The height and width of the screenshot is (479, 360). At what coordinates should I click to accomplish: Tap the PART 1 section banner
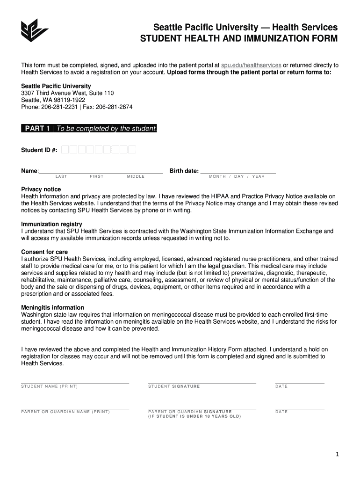click(x=89, y=129)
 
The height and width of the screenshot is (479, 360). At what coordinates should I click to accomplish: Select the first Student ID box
click(x=65, y=150)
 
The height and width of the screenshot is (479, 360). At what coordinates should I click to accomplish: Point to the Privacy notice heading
click(x=41, y=189)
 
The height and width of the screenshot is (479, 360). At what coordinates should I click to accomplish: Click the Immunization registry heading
click(x=51, y=224)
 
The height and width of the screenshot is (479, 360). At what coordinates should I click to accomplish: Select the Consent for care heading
click(x=44, y=252)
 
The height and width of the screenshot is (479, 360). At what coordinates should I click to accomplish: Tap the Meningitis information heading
click(x=53, y=307)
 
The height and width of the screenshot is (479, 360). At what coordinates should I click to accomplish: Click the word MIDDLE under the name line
click(x=136, y=177)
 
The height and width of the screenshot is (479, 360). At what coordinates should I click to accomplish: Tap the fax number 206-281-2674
click(x=114, y=107)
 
